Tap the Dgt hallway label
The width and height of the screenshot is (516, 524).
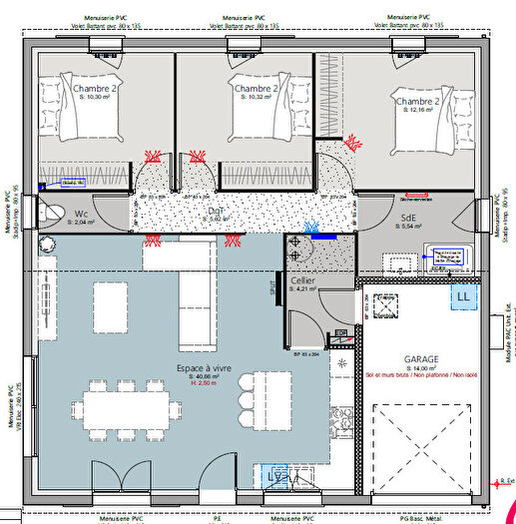(217, 211)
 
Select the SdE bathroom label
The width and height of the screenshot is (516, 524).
(409, 217)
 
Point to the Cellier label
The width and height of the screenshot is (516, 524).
(303, 281)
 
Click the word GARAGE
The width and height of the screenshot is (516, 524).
(422, 358)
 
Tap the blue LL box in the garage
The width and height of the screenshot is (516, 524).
(463, 296)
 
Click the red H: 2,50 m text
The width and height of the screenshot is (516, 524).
(205, 382)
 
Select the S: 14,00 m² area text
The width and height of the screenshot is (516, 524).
(422, 368)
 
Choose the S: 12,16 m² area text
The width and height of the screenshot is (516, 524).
(418, 113)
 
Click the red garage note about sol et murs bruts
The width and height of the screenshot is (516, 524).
(422, 376)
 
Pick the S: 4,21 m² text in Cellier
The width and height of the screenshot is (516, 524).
(303, 289)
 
